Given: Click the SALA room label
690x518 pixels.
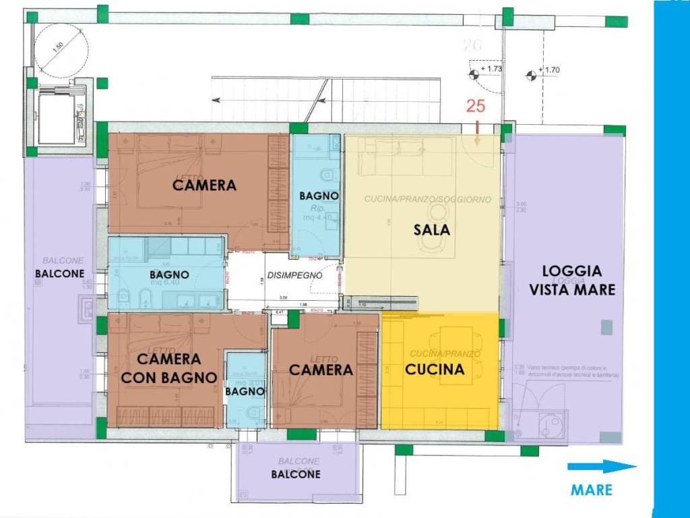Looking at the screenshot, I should pyautogui.click(x=431, y=230).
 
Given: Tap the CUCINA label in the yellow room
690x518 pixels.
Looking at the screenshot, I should pyautogui.click(x=434, y=370).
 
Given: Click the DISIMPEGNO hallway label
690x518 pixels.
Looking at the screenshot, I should pyautogui.click(x=294, y=275).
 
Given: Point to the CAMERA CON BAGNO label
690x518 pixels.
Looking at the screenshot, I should pyautogui.click(x=168, y=368).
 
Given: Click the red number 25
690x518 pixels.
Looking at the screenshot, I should pyautogui.click(x=476, y=106).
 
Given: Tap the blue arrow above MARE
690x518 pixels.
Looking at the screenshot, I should pyautogui.click(x=601, y=467).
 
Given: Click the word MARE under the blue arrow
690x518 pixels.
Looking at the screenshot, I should pyautogui.click(x=592, y=490).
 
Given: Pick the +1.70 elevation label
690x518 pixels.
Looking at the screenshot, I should pyautogui.click(x=551, y=69).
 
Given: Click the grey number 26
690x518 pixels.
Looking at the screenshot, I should pyautogui.click(x=474, y=46).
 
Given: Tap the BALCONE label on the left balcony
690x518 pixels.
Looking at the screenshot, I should pyautogui.click(x=60, y=274).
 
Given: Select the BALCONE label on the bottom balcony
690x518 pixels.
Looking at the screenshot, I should pyautogui.click(x=296, y=474).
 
